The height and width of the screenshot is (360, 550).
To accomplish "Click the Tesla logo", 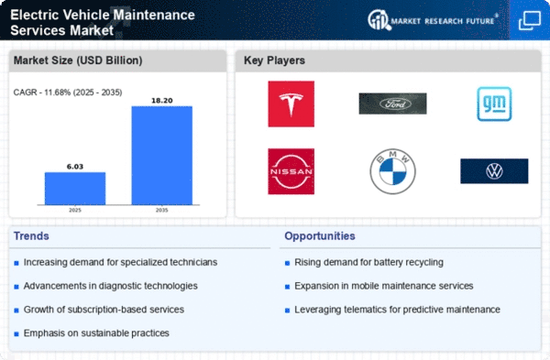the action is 291,104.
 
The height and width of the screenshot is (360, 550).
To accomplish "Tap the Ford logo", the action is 392,104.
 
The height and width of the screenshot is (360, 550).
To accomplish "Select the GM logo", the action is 494,104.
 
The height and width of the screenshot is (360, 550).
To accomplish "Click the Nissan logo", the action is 291,171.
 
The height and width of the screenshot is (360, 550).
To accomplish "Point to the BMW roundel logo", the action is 392,171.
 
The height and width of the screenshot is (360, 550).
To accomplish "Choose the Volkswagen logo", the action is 494,171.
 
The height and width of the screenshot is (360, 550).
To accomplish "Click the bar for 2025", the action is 75,188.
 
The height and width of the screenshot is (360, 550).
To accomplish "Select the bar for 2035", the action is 161,156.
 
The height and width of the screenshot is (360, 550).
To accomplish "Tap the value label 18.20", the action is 161,101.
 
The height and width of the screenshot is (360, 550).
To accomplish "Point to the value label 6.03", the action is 75,167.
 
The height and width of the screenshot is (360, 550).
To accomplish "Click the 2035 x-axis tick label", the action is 161,210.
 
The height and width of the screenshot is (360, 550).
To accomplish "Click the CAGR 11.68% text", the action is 68,93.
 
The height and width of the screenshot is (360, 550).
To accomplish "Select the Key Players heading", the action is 274,60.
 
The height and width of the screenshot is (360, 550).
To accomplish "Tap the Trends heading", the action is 31,236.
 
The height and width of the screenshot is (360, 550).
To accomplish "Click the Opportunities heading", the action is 320,236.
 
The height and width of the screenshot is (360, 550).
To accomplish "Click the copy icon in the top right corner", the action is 529,20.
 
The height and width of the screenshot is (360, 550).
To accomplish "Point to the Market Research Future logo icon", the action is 379,20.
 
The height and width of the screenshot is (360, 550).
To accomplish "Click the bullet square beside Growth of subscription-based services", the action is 16,311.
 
